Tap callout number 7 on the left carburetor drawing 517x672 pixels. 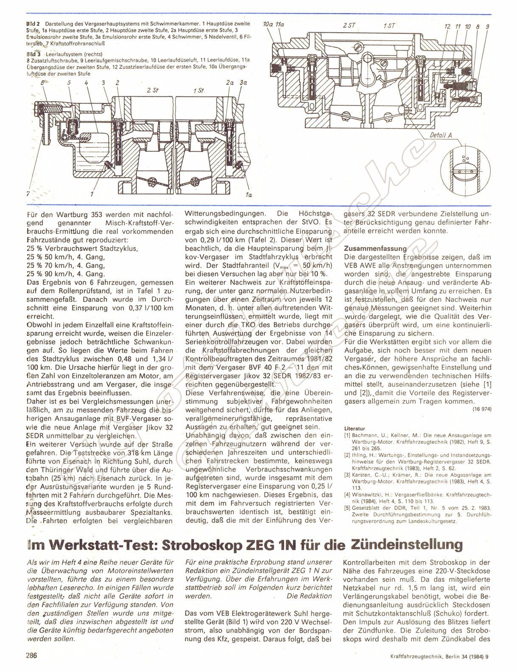28,193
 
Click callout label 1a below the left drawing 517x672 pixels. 248,195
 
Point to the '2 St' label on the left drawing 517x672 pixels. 152,90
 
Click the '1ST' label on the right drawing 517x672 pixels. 389,26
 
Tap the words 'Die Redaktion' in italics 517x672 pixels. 309,596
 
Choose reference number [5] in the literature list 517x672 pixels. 346,508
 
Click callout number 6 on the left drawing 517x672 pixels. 42,84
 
